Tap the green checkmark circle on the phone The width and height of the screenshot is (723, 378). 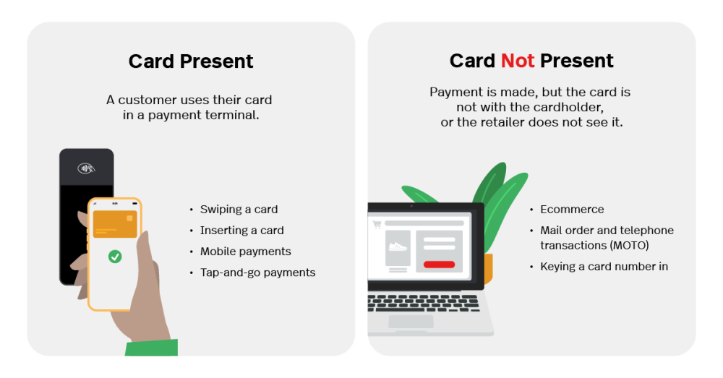115,257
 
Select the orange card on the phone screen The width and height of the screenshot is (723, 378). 115,224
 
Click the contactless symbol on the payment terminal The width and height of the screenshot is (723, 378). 86,168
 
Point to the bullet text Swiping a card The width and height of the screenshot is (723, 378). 239,210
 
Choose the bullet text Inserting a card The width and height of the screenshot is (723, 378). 241,231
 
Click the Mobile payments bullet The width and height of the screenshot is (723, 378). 245,252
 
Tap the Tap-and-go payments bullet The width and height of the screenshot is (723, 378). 257,272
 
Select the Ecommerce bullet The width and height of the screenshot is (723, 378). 572,210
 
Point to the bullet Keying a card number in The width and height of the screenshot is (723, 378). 604,267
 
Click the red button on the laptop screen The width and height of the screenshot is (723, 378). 439,265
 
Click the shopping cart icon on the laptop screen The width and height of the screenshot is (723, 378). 376,224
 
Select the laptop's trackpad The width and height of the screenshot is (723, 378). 411,321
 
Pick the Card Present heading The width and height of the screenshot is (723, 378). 191,61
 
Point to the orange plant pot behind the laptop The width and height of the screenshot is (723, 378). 488,269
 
